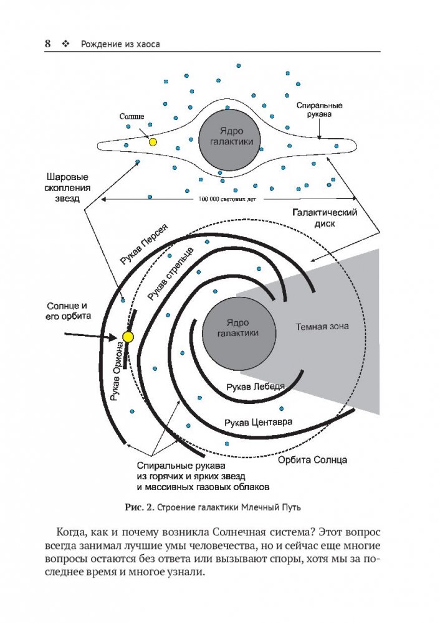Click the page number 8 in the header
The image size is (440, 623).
(47, 44)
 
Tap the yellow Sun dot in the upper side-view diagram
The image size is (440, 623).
(153, 142)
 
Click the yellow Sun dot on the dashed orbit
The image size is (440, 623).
(128, 337)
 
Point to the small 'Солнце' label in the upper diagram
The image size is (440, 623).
(132, 116)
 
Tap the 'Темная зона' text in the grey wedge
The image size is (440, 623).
(322, 327)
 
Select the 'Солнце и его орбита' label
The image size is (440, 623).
(69, 312)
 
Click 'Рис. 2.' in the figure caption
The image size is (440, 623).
(138, 507)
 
